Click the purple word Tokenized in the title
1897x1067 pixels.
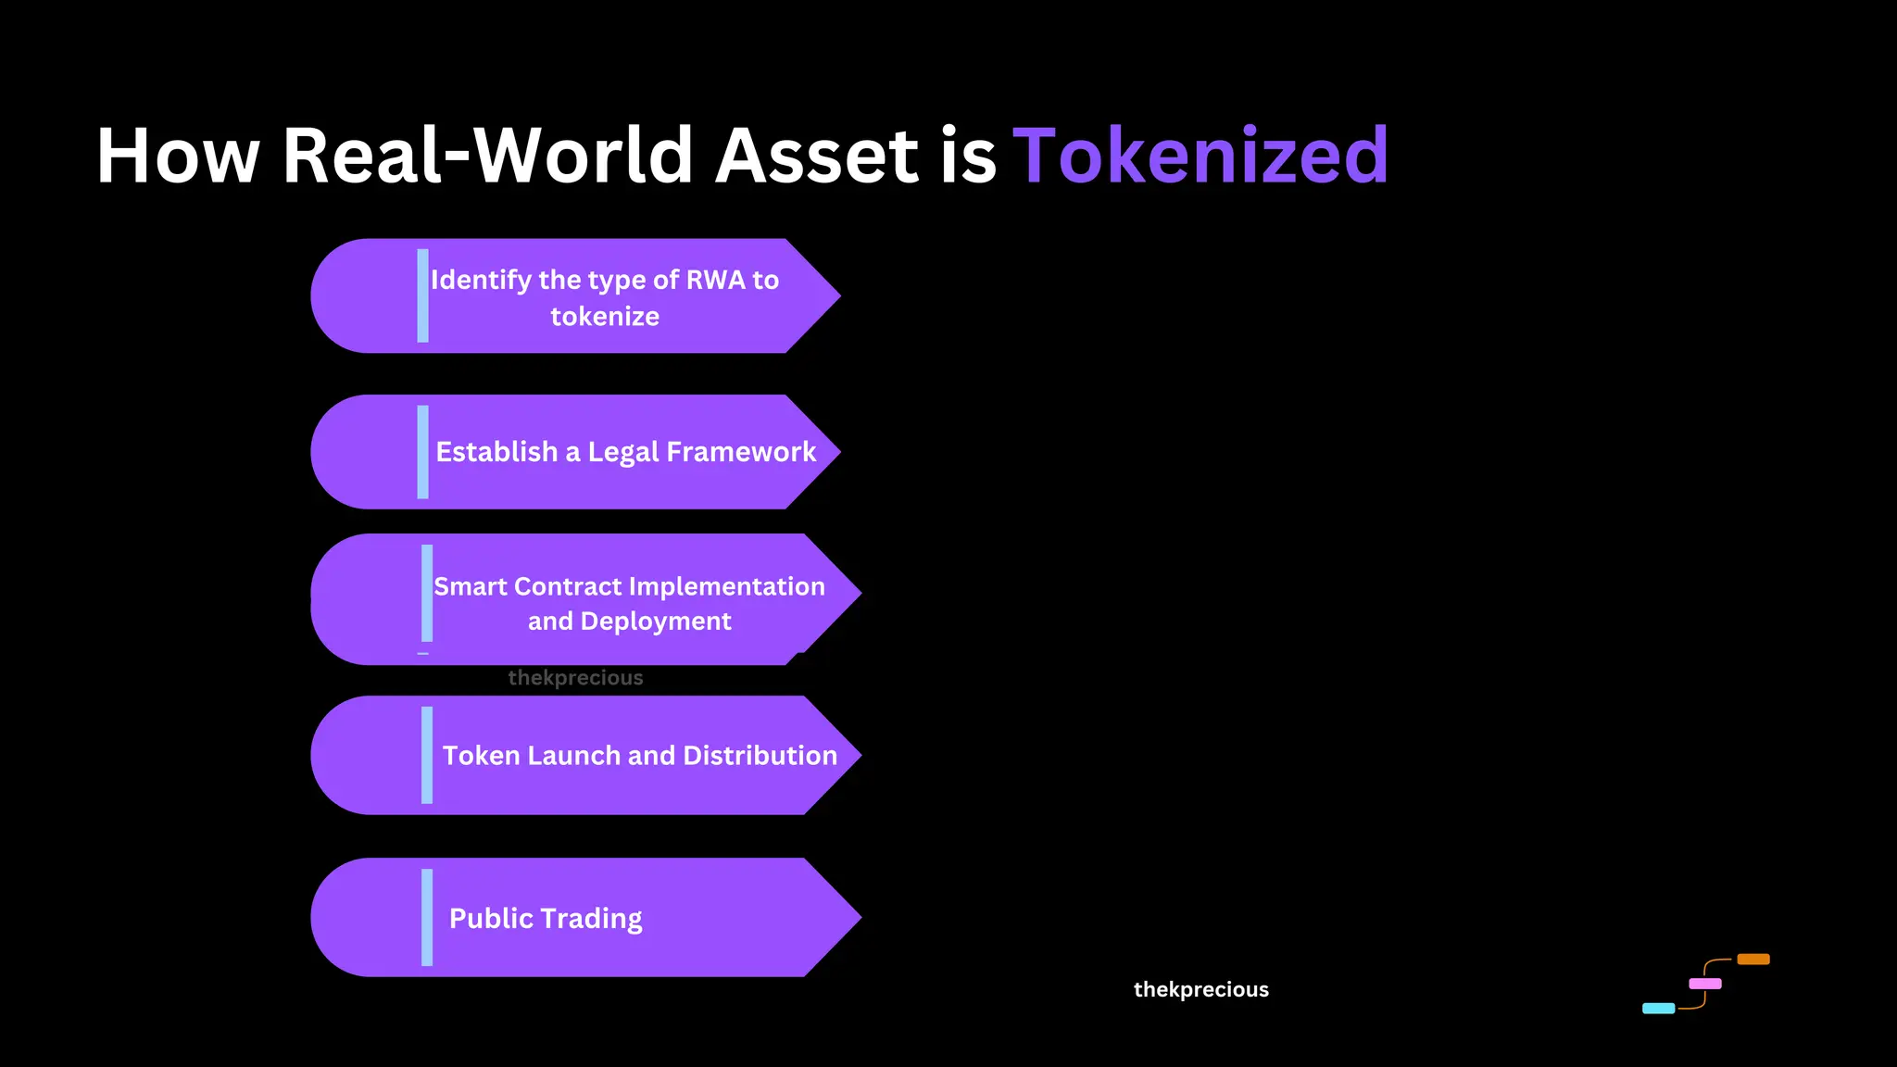[x=1200, y=156]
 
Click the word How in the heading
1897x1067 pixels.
[x=178, y=156]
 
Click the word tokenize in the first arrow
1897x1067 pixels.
[x=605, y=317]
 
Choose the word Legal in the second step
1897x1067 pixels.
[x=623, y=452]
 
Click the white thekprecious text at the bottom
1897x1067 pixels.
[x=1200, y=989]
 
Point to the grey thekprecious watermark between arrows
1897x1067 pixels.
[x=575, y=678]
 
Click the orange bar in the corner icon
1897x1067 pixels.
[x=1753, y=960]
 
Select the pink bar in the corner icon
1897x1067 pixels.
[x=1704, y=984]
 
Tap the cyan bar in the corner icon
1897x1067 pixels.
[x=1658, y=1009]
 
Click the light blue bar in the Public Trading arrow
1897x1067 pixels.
[x=427, y=917]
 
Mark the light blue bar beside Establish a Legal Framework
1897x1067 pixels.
[x=423, y=452]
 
